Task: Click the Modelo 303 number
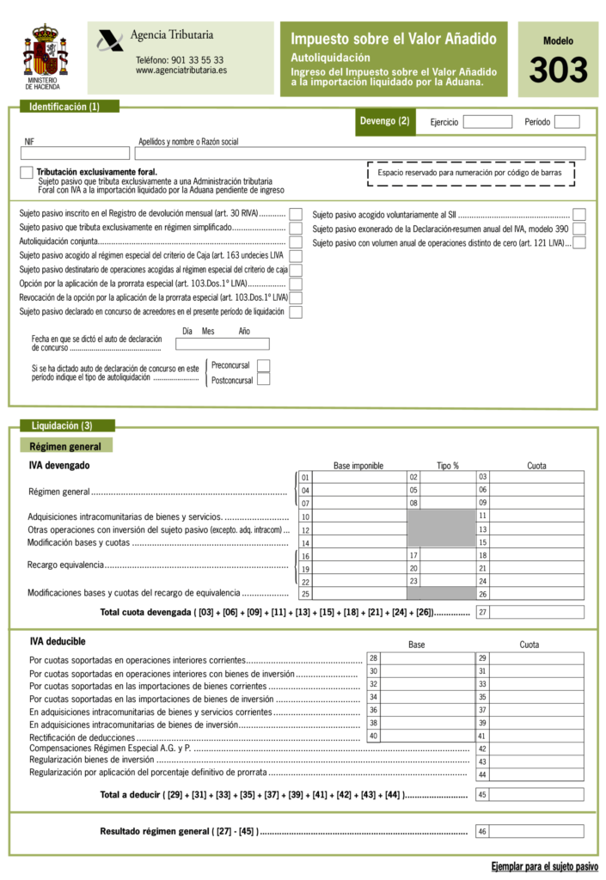tap(558, 70)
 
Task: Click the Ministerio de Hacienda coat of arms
tap(44, 52)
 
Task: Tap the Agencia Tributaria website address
tap(181, 70)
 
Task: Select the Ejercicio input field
tap(487, 122)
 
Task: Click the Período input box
tap(566, 122)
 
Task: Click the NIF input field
tap(76, 154)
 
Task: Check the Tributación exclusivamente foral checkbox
tap(27, 173)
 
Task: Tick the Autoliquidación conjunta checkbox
tap(296, 242)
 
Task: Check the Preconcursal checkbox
tap(264, 366)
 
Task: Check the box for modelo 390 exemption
tap(579, 229)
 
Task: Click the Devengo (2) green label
tap(389, 122)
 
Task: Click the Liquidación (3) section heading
tap(62, 425)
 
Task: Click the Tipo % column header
tap(448, 466)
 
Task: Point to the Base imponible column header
tap(358, 466)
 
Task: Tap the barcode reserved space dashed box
tap(470, 174)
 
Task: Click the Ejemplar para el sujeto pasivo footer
tap(544, 865)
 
